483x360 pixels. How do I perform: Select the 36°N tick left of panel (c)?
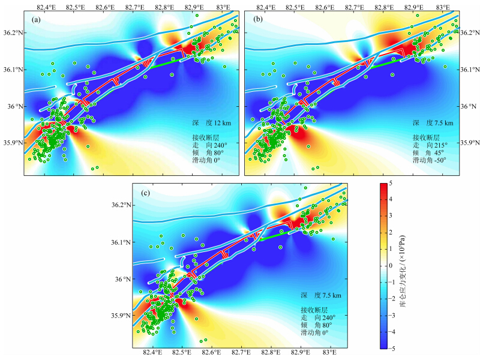pyautogui.click(x=121, y=279)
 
